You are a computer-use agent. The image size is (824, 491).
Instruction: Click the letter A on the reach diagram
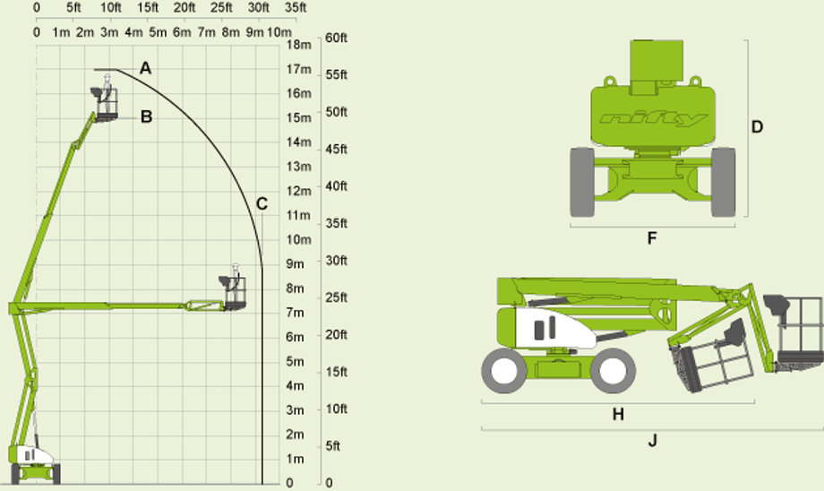pyautogui.click(x=146, y=68)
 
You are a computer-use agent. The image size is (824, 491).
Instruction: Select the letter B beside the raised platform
pyautogui.click(x=147, y=116)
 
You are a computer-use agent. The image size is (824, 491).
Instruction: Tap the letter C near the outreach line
pyautogui.click(x=262, y=204)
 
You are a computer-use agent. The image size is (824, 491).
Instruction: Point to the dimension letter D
pyautogui.click(x=757, y=126)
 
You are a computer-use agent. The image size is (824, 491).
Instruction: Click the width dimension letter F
pyautogui.click(x=652, y=238)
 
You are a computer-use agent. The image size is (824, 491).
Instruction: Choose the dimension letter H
pyautogui.click(x=618, y=414)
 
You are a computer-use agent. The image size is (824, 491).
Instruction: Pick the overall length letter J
pyautogui.click(x=652, y=440)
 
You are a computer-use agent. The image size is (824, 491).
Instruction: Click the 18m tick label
pyautogui.click(x=299, y=45)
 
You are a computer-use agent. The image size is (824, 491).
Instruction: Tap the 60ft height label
pyautogui.click(x=337, y=38)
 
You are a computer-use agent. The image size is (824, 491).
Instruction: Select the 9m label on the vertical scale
pyautogui.click(x=295, y=264)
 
